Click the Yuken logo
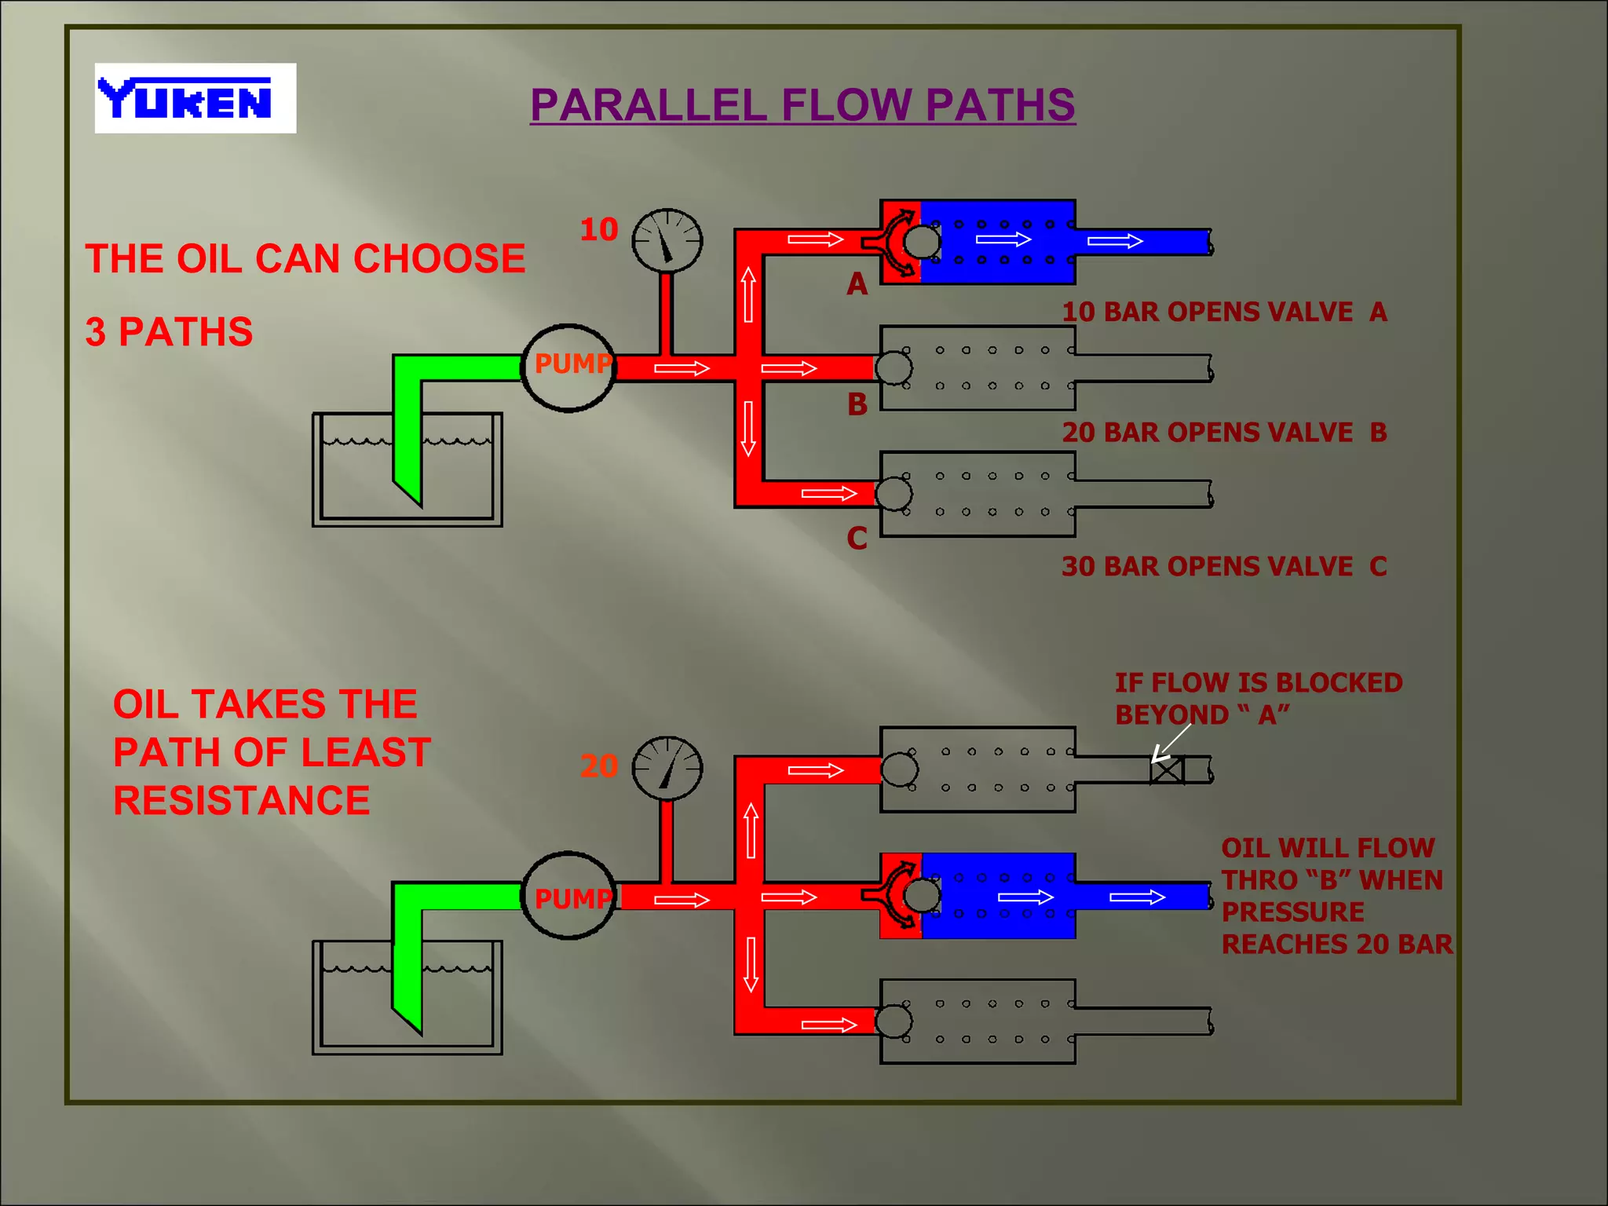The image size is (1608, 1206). [195, 98]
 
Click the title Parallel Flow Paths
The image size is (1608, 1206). [802, 105]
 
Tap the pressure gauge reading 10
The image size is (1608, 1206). [667, 240]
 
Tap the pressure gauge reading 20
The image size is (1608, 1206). [667, 768]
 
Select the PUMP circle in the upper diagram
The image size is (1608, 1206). [568, 367]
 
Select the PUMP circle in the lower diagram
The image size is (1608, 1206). [568, 896]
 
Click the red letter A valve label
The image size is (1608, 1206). [857, 284]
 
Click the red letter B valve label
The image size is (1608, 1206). [857, 405]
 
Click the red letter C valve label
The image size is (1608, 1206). [857, 539]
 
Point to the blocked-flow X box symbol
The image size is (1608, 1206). [1167, 770]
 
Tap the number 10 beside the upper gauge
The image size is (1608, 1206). [599, 230]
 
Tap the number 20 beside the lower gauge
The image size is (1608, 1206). [599, 766]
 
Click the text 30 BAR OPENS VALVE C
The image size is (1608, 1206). [1223, 566]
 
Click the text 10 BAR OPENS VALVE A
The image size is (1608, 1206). [1223, 312]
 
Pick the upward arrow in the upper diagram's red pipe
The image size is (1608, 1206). [748, 294]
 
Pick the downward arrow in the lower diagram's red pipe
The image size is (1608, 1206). [751, 964]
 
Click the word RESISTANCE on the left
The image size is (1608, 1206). [241, 801]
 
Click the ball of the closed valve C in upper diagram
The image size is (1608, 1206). [894, 494]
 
